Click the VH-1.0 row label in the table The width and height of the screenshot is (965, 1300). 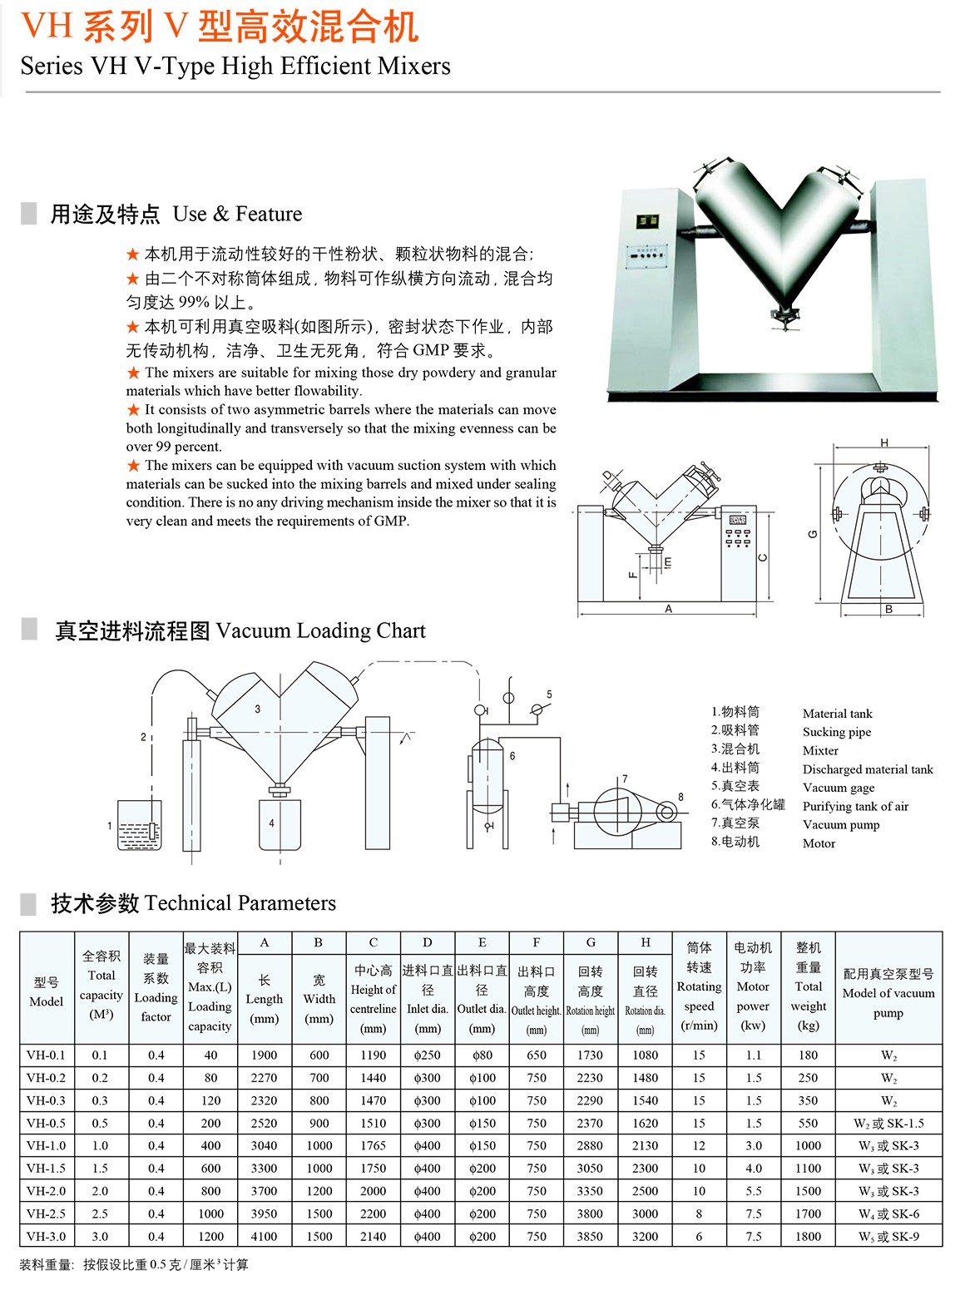click(46, 1145)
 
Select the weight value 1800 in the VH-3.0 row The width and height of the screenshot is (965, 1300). click(808, 1236)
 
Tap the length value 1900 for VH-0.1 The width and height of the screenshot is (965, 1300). click(264, 1055)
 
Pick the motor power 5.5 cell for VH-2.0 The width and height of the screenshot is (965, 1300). click(753, 1191)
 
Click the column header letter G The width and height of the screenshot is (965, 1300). click(591, 942)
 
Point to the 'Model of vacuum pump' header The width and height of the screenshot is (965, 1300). click(888, 993)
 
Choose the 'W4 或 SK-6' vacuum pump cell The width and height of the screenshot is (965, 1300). click(888, 1213)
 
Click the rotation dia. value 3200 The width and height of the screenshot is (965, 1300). click(645, 1236)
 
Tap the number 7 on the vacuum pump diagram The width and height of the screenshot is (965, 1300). click(625, 779)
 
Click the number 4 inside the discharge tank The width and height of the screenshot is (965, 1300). click(271, 823)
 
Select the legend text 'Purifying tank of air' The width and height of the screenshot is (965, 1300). click(855, 806)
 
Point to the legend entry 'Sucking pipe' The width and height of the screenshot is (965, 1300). click(837, 732)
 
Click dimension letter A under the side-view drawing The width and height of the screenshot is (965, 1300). click(668, 609)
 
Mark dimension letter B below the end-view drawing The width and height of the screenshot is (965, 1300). click(888, 610)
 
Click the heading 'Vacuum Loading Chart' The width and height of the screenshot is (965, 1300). click(321, 630)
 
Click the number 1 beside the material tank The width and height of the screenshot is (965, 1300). click(110, 826)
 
